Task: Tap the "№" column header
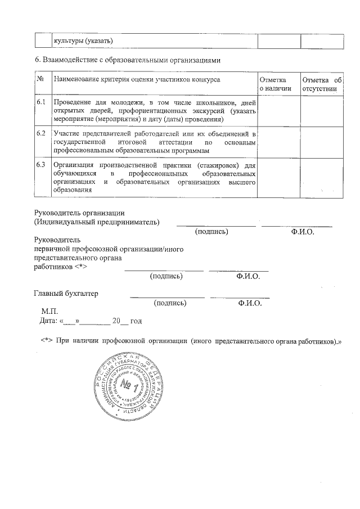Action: coord(40,79)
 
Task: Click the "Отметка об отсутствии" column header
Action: coord(321,84)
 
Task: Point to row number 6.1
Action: coord(40,102)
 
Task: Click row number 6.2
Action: coord(40,134)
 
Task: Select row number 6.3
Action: coord(40,165)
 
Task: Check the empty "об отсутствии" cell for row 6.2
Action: coord(321,142)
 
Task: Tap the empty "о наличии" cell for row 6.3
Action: coord(278,178)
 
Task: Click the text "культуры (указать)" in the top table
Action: coord(83,40)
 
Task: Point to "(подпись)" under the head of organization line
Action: coord(211,231)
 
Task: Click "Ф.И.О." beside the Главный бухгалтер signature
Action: coord(249,303)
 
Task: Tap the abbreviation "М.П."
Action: coord(49,311)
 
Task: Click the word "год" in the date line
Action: coord(136,321)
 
